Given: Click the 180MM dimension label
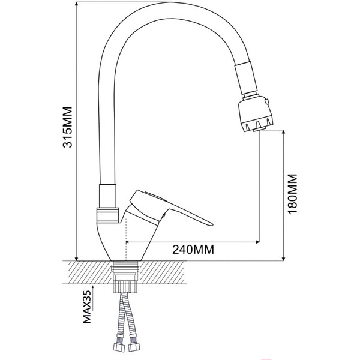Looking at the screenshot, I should [292, 196].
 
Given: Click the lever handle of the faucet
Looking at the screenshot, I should [180, 210].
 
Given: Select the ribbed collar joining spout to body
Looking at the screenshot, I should [107, 212].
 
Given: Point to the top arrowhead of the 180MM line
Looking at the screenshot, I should [283, 133].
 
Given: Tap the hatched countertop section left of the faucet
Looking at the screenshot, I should [90, 273].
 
